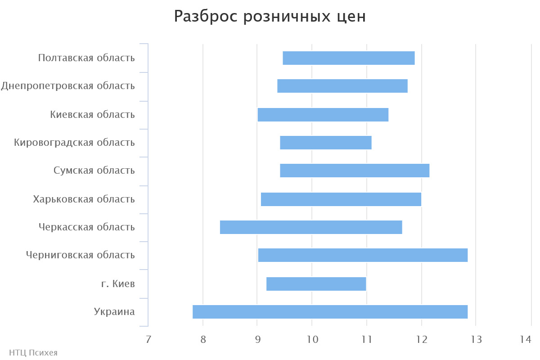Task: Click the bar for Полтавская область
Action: coord(348,58)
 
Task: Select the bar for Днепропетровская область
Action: coord(342,86)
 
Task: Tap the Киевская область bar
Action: coord(323,115)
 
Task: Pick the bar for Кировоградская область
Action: coord(325,143)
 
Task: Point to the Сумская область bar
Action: coord(355,171)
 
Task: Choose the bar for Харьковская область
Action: coord(341,199)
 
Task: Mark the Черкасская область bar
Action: coord(310,227)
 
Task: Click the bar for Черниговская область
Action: coord(363,255)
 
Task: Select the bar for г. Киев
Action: coord(316,284)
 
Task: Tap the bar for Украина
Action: coord(330,312)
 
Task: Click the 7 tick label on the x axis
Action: coord(148,339)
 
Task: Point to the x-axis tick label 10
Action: coord(312,339)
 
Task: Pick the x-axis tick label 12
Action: coord(421,339)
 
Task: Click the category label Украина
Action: coord(114,311)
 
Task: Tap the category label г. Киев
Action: coord(118,283)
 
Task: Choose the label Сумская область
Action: coord(94,171)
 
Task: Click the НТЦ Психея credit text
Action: coord(33,352)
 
